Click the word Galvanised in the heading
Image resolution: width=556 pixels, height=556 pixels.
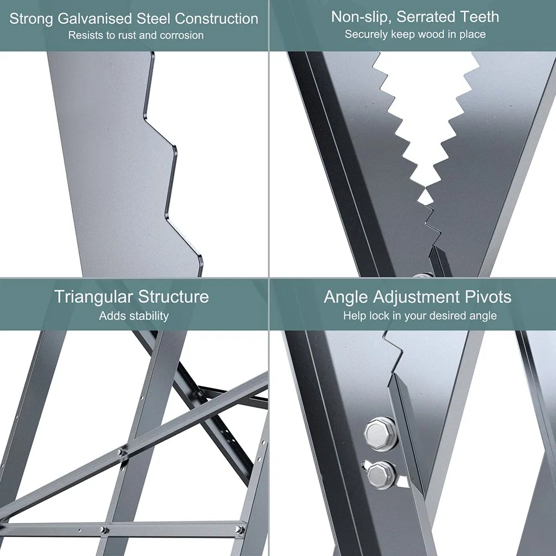(94, 19)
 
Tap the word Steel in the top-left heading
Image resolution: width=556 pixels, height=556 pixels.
(154, 18)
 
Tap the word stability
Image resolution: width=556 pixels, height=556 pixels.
(148, 315)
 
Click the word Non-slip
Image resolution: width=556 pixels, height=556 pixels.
(361, 17)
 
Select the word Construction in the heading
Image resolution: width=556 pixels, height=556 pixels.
(216, 18)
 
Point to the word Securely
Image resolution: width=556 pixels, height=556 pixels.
(366, 34)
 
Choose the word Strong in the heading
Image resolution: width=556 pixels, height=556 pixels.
(31, 19)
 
